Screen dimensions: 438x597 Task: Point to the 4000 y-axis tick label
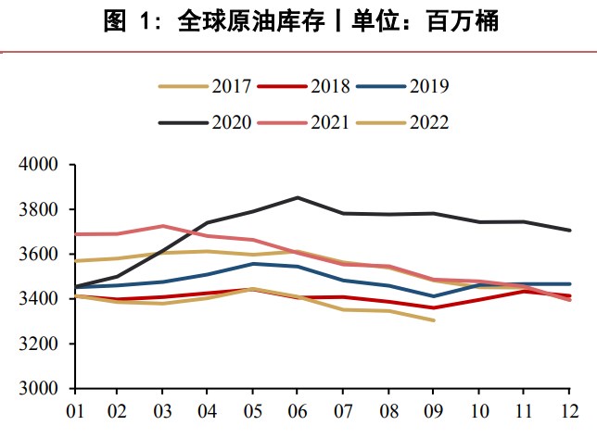[x=40, y=165]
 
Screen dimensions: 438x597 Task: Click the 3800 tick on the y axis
[x=40, y=209]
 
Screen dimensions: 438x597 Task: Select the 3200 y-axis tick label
[x=40, y=344]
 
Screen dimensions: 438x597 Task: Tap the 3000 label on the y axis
[x=40, y=388]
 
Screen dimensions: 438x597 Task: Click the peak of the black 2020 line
[x=297, y=197]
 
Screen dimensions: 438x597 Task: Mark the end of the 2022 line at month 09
[x=433, y=320]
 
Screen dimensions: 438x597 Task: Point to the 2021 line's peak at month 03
[x=162, y=226]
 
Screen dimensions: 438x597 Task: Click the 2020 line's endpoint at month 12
[x=569, y=230]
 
